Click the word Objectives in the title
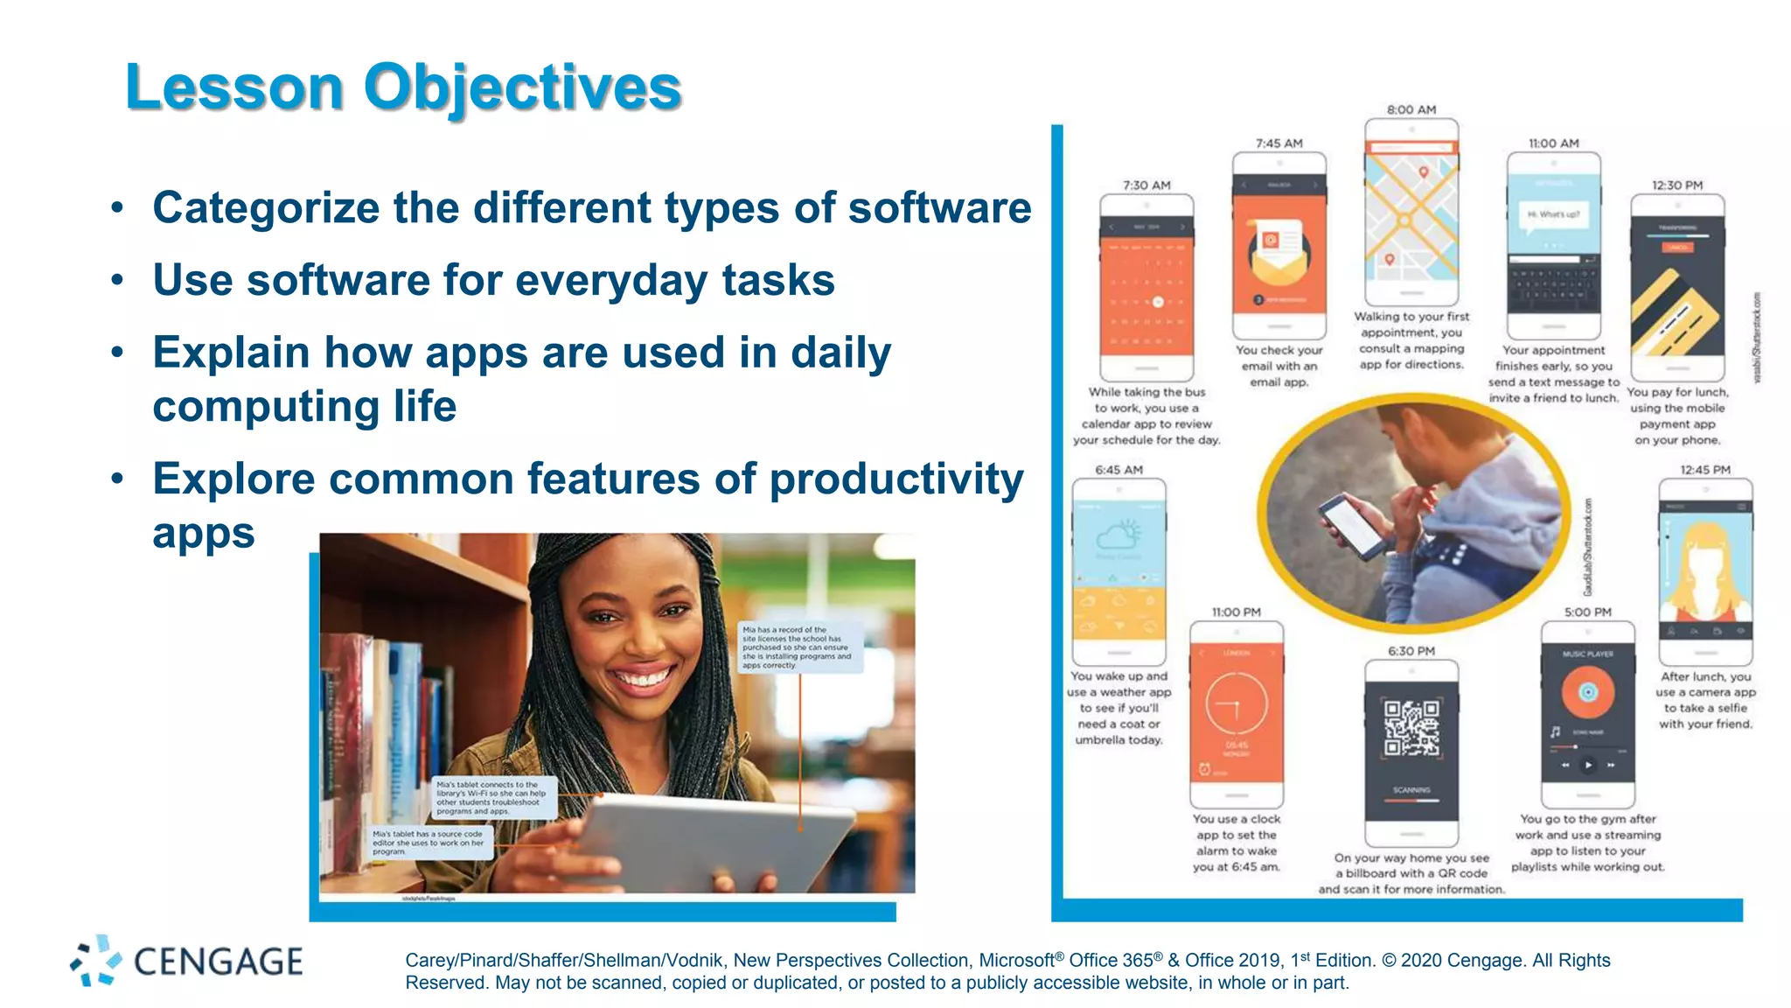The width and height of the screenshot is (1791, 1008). pos(522,87)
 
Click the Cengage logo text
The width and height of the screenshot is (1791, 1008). pos(219,962)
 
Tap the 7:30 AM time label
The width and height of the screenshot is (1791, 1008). pos(1146,185)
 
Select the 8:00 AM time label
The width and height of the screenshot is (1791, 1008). pos(1411,109)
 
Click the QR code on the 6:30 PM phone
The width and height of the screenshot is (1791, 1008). pos(1411,727)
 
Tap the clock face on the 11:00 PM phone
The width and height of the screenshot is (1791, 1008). pos(1237,703)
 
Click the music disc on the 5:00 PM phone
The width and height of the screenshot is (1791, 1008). pos(1587,692)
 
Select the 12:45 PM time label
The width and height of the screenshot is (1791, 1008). pos(1705,470)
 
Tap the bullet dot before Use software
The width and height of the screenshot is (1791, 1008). pos(117,281)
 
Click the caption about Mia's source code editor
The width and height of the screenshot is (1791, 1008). pos(429,843)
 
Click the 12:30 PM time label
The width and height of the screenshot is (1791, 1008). pos(1676,185)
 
